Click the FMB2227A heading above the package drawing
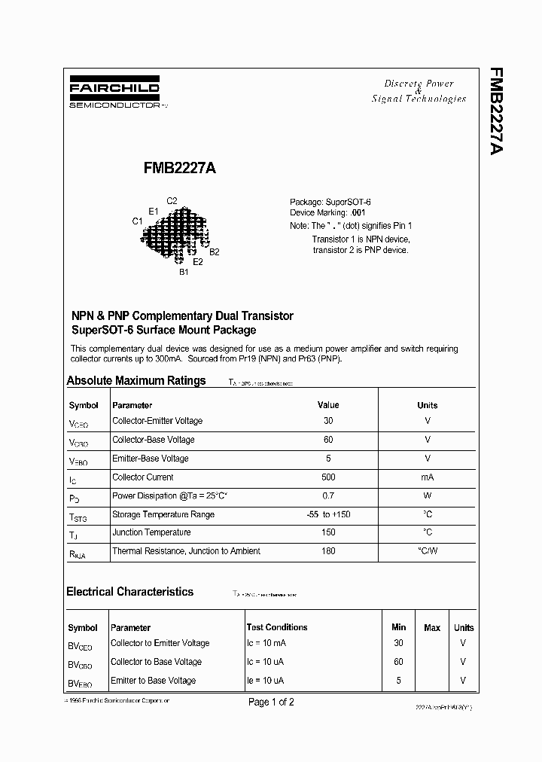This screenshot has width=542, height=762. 180,169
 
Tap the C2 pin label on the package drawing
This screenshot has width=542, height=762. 172,200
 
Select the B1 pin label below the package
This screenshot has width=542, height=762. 184,273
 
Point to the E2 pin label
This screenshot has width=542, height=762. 198,262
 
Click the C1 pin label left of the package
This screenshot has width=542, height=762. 137,221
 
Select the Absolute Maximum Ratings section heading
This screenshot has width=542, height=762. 136,380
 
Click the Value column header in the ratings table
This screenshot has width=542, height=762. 328,405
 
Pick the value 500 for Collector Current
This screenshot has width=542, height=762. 328,477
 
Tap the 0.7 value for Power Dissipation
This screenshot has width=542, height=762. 328,496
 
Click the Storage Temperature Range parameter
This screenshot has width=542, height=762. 163,514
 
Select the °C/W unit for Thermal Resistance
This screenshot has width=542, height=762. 428,551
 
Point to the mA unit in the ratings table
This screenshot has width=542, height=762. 428,477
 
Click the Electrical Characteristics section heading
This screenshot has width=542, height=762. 130,592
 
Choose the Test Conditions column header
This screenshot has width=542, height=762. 277,627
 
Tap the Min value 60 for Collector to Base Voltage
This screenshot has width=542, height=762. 398,662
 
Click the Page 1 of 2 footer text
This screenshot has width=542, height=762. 271,702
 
